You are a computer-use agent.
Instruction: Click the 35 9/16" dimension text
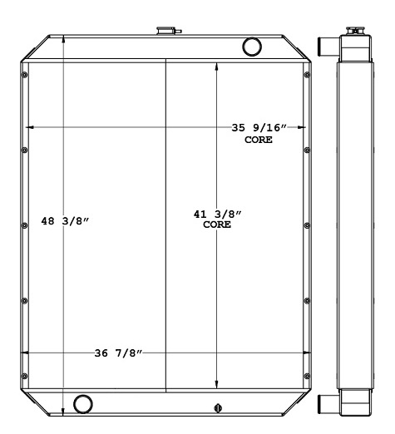point(259,128)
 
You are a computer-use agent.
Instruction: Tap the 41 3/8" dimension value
point(217,215)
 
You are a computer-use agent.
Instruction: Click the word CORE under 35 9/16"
point(259,140)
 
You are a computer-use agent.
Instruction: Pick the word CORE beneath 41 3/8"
point(217,225)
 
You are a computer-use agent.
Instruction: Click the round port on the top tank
point(251,46)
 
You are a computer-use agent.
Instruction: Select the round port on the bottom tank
point(83,404)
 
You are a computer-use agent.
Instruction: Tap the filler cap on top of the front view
point(165,32)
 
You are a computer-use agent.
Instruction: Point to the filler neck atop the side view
point(354,31)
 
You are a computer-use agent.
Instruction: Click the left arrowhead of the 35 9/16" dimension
point(29,127)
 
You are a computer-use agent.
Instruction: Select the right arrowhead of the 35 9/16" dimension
point(304,127)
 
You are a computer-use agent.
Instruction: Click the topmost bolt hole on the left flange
point(25,76)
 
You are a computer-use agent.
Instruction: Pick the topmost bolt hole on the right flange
point(308,76)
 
